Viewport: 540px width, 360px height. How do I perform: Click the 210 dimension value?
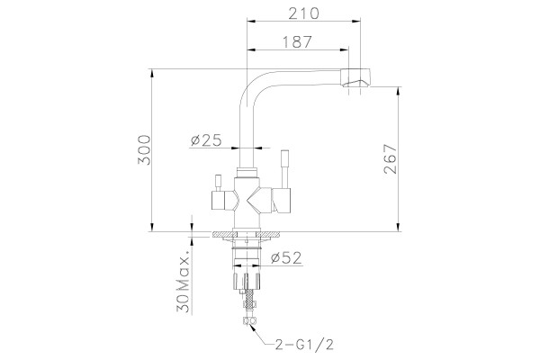pos(304,13)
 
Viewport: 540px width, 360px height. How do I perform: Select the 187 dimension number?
pos(297,42)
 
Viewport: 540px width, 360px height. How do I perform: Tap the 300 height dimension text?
pos(144,150)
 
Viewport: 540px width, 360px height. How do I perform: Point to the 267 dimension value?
pos(391,158)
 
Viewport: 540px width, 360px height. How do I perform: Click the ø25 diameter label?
pos(206,140)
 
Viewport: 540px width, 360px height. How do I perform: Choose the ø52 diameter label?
pos(286,257)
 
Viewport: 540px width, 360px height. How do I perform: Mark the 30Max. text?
pos(183,284)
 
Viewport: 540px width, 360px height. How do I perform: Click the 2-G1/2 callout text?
pos(304,345)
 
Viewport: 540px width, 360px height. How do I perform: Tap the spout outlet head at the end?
pos(355,77)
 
